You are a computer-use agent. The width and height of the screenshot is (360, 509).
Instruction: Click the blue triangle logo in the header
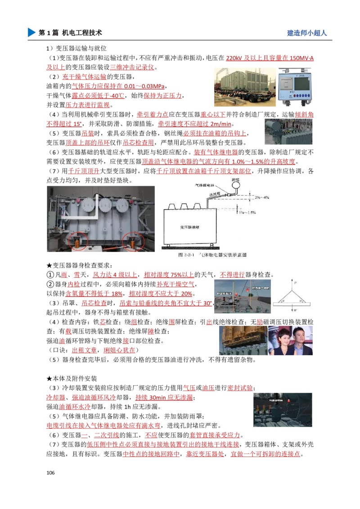click(31, 32)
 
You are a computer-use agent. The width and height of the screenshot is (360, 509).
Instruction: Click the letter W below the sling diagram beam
click(294, 310)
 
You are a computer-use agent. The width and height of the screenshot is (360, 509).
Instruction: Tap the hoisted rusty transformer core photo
click(241, 340)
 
